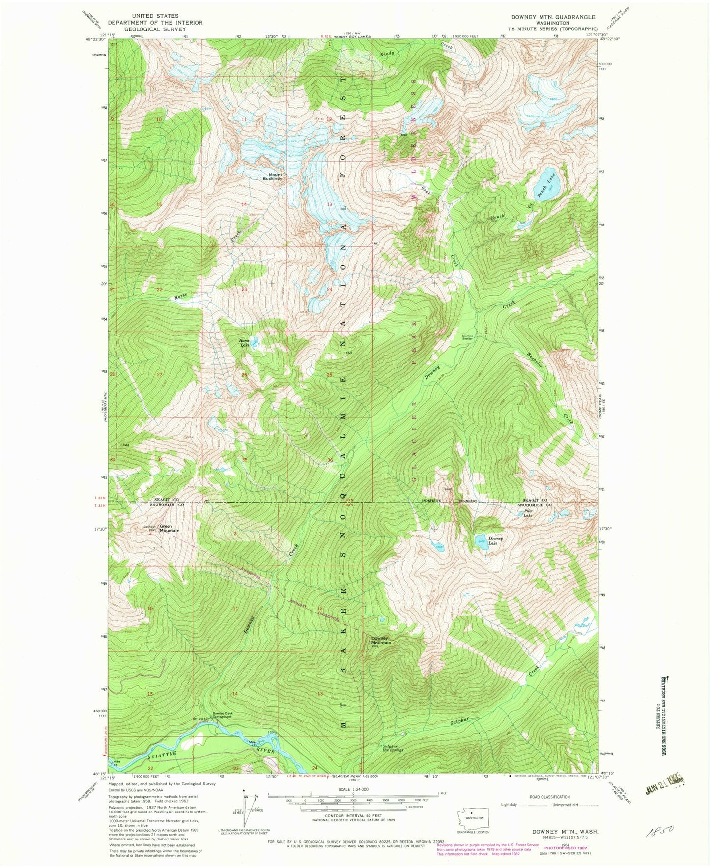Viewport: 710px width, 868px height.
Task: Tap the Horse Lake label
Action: pos(245,343)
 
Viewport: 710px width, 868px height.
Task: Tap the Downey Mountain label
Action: pos(381,641)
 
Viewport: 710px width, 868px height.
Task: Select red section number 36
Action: pos(330,460)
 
